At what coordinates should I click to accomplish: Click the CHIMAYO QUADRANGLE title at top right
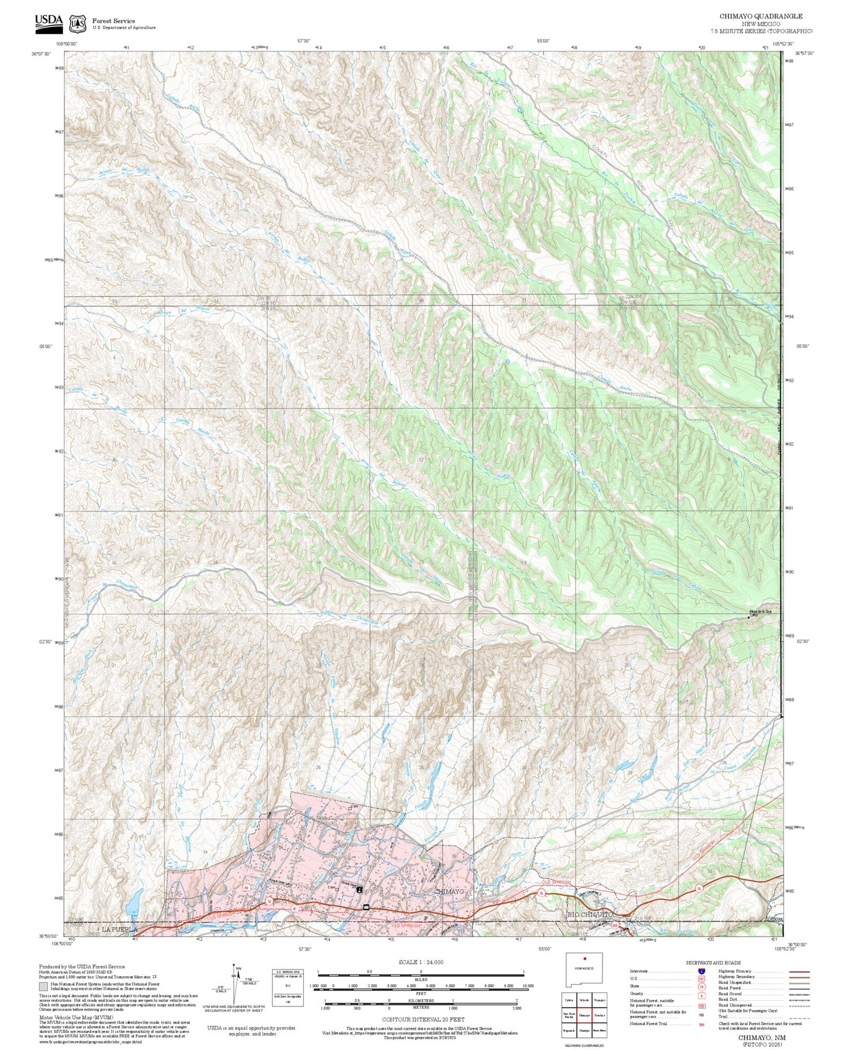coord(760,16)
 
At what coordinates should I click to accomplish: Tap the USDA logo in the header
coord(49,21)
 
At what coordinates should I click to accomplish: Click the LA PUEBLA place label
coord(119,929)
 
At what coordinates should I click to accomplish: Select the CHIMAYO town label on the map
coord(449,891)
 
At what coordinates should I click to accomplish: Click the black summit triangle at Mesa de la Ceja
coord(749,616)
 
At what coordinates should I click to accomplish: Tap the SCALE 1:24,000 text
coord(421,962)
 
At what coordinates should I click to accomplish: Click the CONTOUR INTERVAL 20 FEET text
coord(423,1019)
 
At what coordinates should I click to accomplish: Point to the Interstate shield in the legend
coord(701,971)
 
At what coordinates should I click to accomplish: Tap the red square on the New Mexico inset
coord(585,958)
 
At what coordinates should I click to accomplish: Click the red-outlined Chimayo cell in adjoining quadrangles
coord(584,1015)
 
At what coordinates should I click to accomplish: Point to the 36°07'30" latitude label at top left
coord(41,54)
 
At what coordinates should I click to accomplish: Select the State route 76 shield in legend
coord(701,987)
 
